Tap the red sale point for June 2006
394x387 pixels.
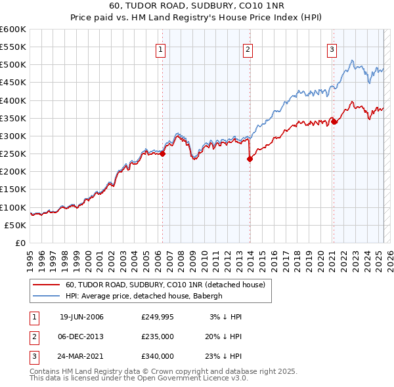[162, 154]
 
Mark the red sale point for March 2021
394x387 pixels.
[334, 121]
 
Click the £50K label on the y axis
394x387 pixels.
[15, 225]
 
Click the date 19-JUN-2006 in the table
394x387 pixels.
[81, 317]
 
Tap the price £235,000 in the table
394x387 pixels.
[158, 336]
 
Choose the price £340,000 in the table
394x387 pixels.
[158, 356]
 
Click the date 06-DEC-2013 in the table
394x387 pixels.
[81, 336]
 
